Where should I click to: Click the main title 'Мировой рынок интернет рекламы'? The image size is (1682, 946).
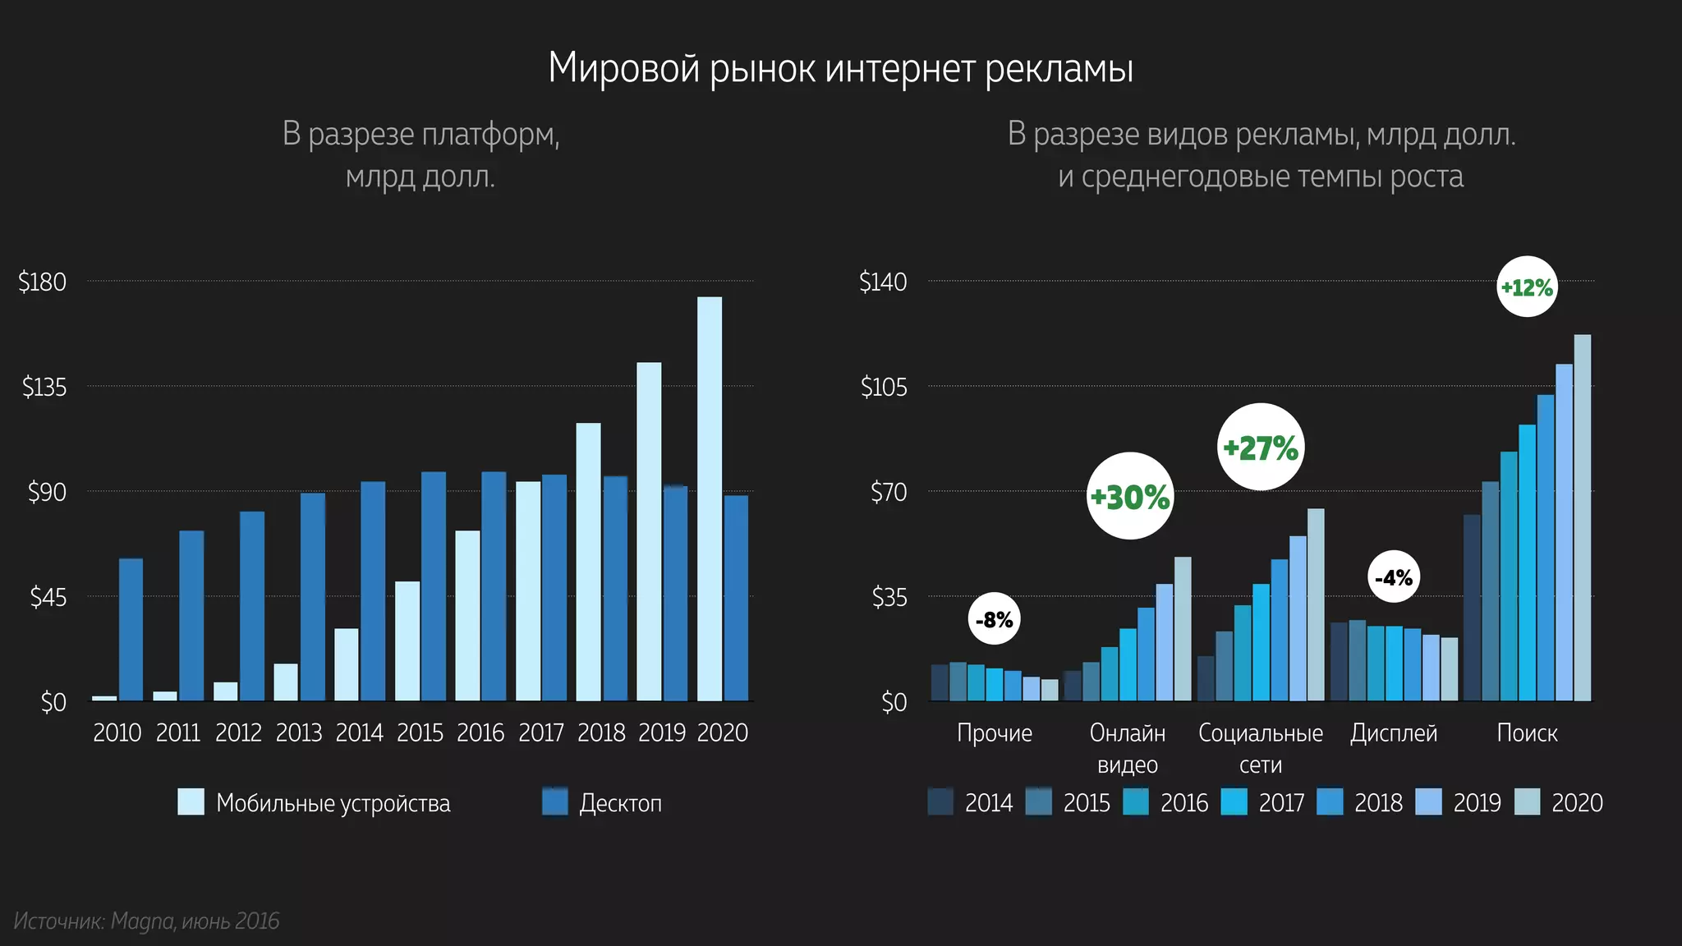click(x=840, y=68)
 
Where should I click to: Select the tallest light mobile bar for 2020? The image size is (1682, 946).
click(x=710, y=499)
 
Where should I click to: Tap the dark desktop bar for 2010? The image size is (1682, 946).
click(x=131, y=630)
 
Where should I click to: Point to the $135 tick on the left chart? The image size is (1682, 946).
click(x=44, y=387)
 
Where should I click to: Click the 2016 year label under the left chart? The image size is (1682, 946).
click(x=480, y=732)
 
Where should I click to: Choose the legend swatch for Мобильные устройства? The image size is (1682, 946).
click(x=191, y=802)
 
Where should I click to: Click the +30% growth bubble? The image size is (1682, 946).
click(x=1130, y=496)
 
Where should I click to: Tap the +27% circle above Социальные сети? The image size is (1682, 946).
click(x=1260, y=448)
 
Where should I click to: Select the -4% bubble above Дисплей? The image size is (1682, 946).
click(x=1394, y=577)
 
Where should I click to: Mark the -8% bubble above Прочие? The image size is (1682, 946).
click(x=994, y=619)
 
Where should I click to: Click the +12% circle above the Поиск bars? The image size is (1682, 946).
click(x=1526, y=287)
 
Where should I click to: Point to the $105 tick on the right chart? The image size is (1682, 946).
click(x=884, y=387)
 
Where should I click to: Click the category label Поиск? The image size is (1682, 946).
click(x=1527, y=732)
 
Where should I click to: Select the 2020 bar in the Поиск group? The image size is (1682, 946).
click(x=1582, y=517)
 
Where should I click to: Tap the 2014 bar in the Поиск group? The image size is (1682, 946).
click(x=1472, y=608)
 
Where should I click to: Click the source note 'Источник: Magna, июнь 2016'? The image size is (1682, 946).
click(x=147, y=921)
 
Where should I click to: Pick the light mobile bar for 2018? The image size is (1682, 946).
click(x=588, y=563)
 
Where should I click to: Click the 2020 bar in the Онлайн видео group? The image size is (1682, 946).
click(x=1183, y=629)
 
